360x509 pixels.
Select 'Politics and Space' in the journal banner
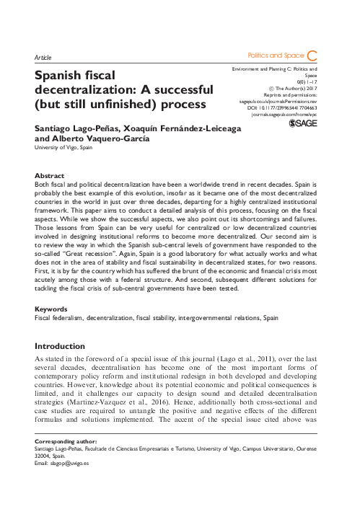point(274,55)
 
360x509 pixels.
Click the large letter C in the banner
point(312,55)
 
